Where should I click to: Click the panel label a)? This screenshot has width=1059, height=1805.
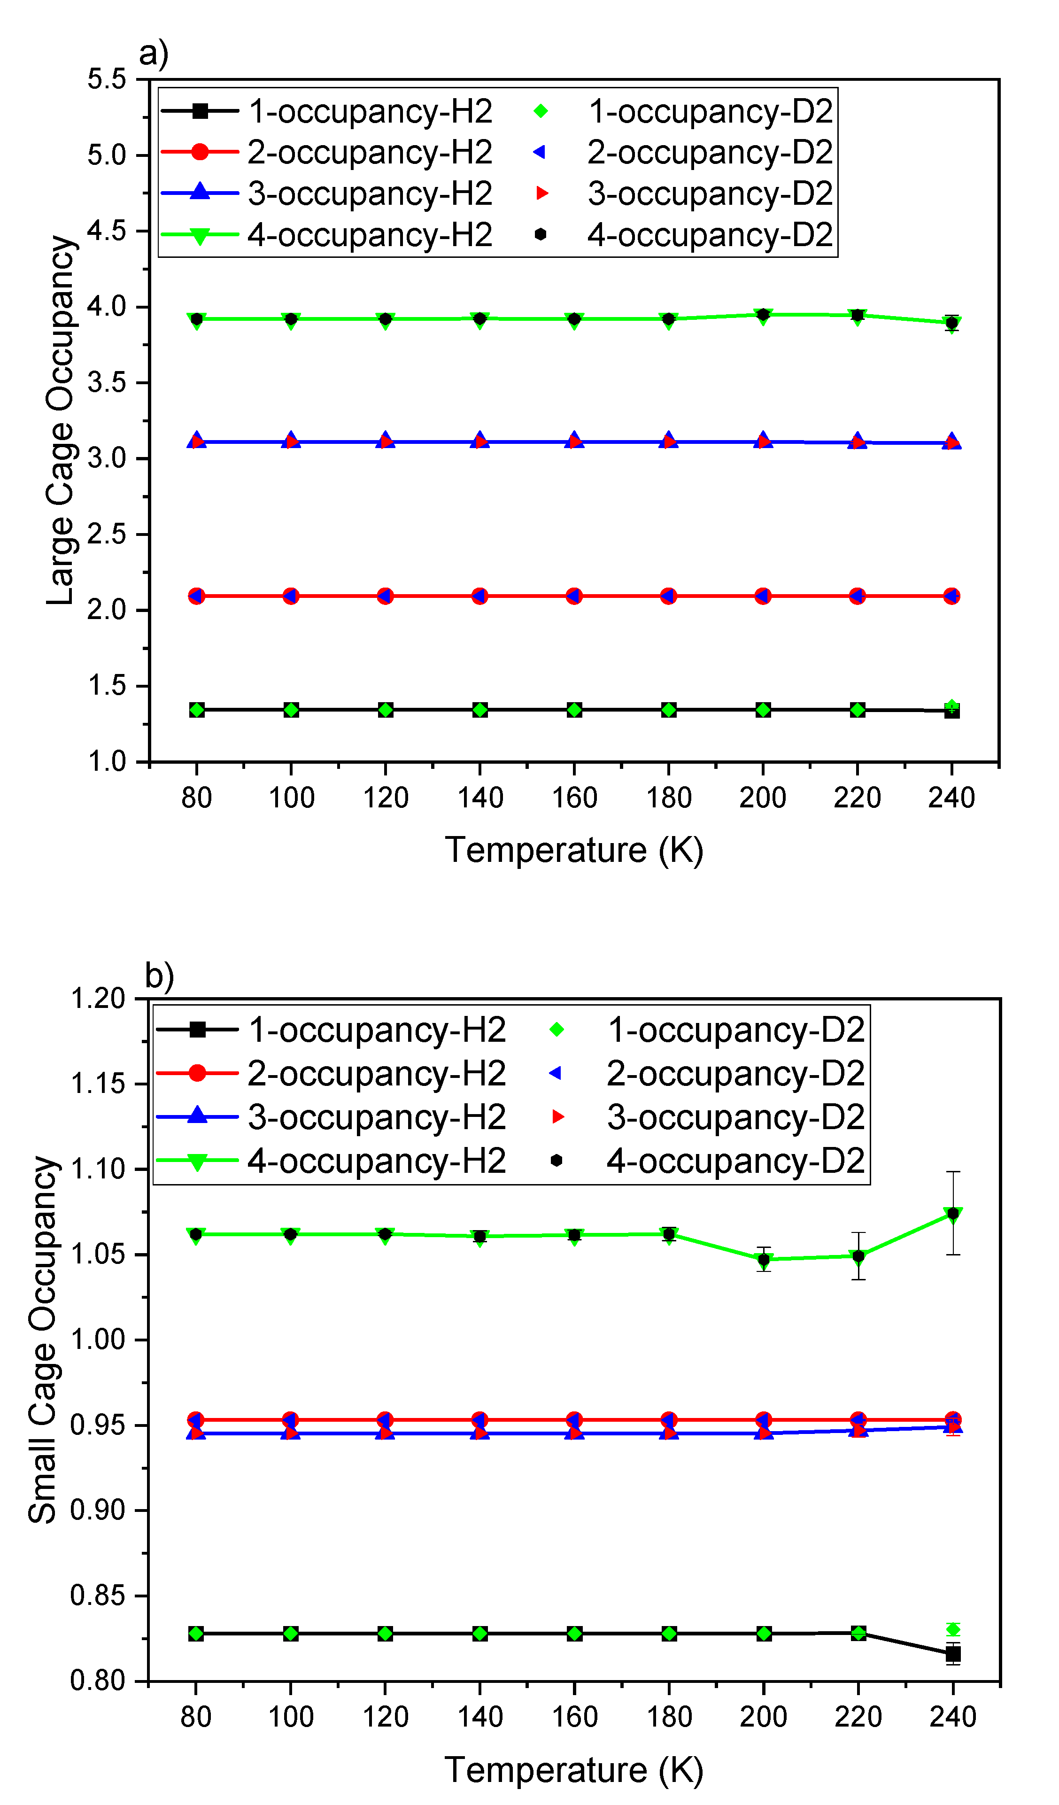pyautogui.click(x=153, y=53)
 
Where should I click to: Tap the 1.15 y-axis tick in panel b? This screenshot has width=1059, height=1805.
pyautogui.click(x=98, y=1084)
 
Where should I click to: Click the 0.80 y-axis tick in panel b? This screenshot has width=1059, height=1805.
pyautogui.click(x=98, y=1681)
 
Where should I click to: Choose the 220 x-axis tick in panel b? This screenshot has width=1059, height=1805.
pyautogui.click(x=858, y=1717)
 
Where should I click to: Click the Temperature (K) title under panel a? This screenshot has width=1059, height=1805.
pyautogui.click(x=574, y=850)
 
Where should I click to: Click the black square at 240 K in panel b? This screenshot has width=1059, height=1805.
pyautogui.click(x=953, y=1654)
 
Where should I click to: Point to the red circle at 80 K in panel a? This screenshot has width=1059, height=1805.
pyautogui.click(x=196, y=596)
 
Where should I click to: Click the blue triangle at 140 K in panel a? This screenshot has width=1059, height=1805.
pyautogui.click(x=480, y=441)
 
